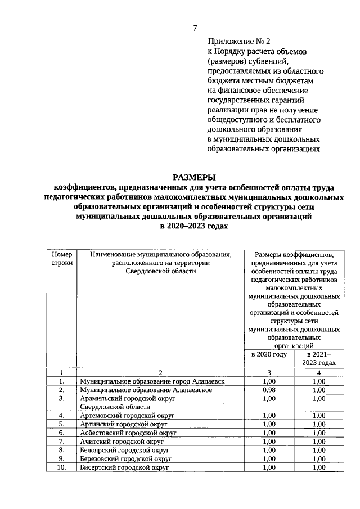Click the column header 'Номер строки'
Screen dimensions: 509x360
pos(62,259)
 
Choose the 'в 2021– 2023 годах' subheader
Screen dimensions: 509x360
pos(319,359)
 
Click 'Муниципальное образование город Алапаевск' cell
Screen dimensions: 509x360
pos(152,381)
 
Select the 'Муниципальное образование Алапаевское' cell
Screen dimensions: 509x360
pos(146,390)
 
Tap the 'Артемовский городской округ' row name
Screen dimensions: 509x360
pos(128,416)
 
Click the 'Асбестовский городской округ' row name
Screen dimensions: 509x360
pos(128,433)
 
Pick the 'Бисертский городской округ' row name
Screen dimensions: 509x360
pos(125,467)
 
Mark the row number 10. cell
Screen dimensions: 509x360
pos(62,467)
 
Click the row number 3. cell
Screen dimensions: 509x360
pos(62,398)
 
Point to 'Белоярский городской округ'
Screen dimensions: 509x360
pos(125,450)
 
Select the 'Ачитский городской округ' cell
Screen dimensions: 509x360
pos(121,442)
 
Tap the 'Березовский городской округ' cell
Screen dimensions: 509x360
pos(125,459)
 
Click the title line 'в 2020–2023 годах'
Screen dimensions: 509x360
pos(195,225)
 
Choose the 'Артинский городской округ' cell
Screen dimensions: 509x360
pos(124,424)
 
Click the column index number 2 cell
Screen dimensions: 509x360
pos(160,372)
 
